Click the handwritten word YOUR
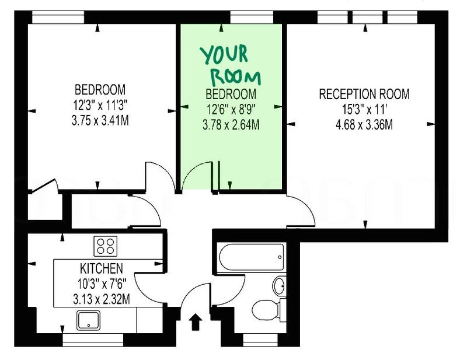pos(224,54)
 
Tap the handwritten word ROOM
pos(236,77)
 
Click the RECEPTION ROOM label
pos(364,94)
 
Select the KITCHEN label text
pos(101,268)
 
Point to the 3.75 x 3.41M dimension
pos(100,121)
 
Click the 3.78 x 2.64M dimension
pos(231,125)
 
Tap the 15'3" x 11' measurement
pos(364,110)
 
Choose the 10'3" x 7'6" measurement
pos(102,284)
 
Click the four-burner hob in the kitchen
pos(106,246)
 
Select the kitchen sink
pos(89,320)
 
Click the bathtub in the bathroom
pos(252,257)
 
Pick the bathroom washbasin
pos(280,286)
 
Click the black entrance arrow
pos(196,321)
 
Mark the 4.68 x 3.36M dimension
pos(364,124)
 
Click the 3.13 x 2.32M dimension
pos(101,299)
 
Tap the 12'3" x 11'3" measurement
pos(100,105)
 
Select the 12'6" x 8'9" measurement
pos(231,110)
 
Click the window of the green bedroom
pos(252,18)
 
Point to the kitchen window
pos(93,340)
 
